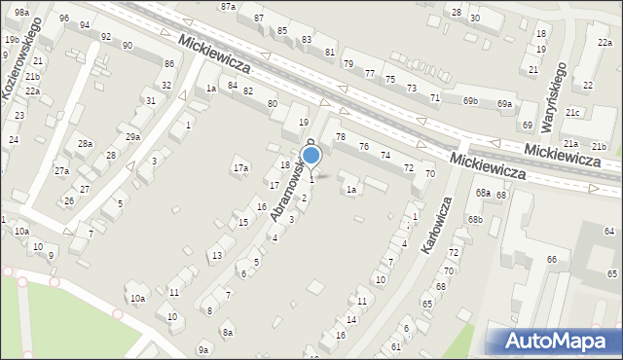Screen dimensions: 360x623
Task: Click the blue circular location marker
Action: pyautogui.click(x=311, y=155)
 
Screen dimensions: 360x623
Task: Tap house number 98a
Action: pyautogui.click(x=21, y=11)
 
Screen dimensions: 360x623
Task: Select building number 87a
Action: pyautogui.click(x=228, y=6)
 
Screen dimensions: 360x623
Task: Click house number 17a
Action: pyautogui.click(x=240, y=168)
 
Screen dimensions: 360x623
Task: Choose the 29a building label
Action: pyautogui.click(x=132, y=136)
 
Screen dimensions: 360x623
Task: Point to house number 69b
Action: pyautogui.click(x=470, y=101)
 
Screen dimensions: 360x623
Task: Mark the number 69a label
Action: pyautogui.click(x=503, y=104)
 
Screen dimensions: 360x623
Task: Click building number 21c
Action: pyautogui.click(x=572, y=113)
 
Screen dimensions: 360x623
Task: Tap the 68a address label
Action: pyautogui.click(x=483, y=193)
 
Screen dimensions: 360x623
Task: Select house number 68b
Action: pyautogui.click(x=474, y=219)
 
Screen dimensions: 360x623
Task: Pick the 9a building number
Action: pyautogui.click(x=203, y=349)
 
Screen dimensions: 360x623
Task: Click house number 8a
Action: pyautogui.click(x=228, y=333)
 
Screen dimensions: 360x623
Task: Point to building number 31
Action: pyautogui.click(x=150, y=100)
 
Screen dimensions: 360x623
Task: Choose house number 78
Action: pyautogui.click(x=341, y=137)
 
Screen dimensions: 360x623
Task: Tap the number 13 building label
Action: pyautogui.click(x=217, y=255)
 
